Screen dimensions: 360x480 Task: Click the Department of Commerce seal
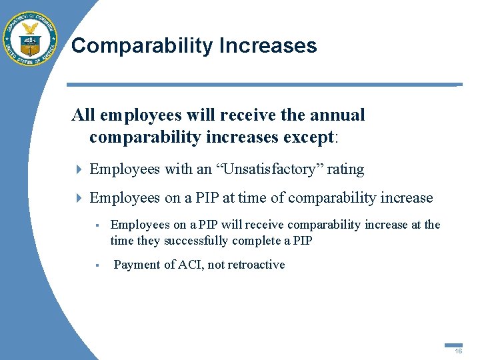[30, 39]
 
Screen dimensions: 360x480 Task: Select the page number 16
[459, 351]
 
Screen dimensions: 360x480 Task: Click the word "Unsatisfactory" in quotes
[269, 169]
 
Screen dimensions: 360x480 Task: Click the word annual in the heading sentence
[337, 115]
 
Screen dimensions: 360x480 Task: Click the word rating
[345, 169]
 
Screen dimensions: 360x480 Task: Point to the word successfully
[196, 240]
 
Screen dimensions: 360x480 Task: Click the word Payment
[136, 265]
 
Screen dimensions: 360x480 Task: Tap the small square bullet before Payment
[97, 265]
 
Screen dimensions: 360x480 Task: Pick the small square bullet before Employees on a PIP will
[97, 225]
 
